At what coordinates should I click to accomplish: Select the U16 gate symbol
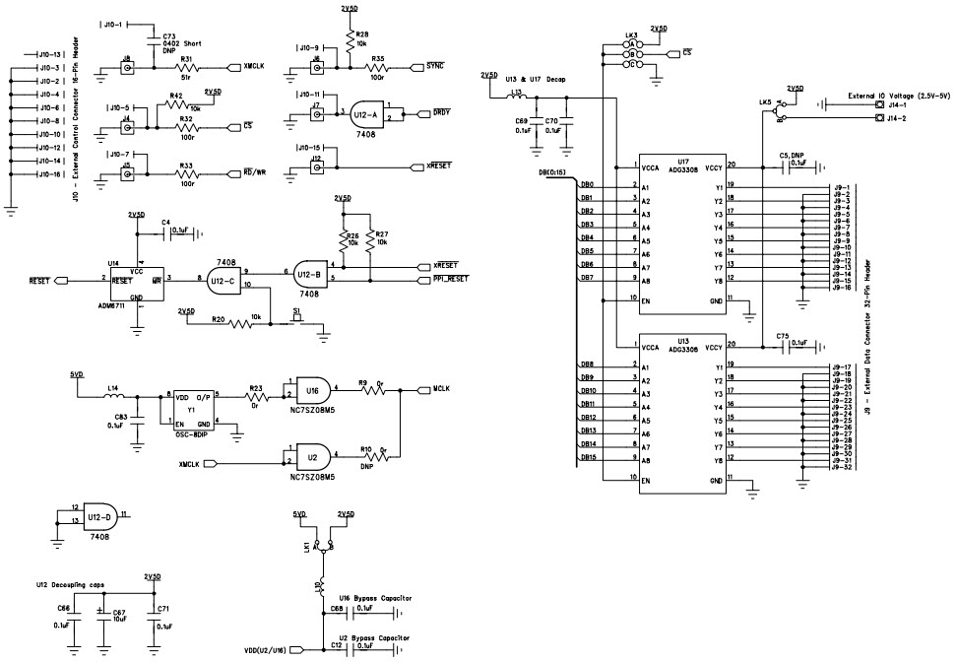click(311, 390)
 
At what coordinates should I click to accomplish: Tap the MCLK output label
click(441, 389)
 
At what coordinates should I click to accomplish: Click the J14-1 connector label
click(897, 104)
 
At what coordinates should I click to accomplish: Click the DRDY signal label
click(442, 114)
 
